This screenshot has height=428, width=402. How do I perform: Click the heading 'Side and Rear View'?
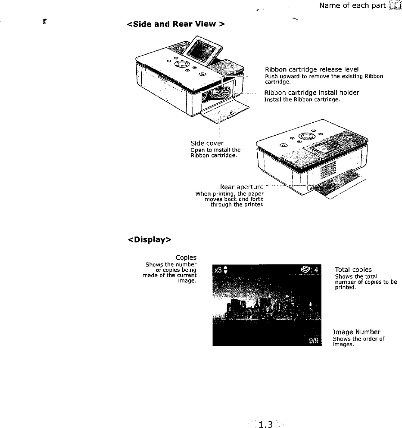(x=176, y=24)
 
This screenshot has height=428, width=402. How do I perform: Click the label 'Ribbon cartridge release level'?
(x=312, y=69)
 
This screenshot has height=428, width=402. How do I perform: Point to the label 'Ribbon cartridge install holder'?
(x=312, y=93)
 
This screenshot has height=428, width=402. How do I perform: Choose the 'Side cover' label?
(x=207, y=143)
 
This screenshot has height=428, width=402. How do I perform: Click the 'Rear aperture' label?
(x=241, y=187)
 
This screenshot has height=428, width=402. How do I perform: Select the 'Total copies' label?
(x=353, y=270)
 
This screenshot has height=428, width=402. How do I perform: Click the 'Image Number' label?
(x=356, y=332)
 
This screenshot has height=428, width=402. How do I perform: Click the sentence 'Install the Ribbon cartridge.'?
(x=302, y=99)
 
